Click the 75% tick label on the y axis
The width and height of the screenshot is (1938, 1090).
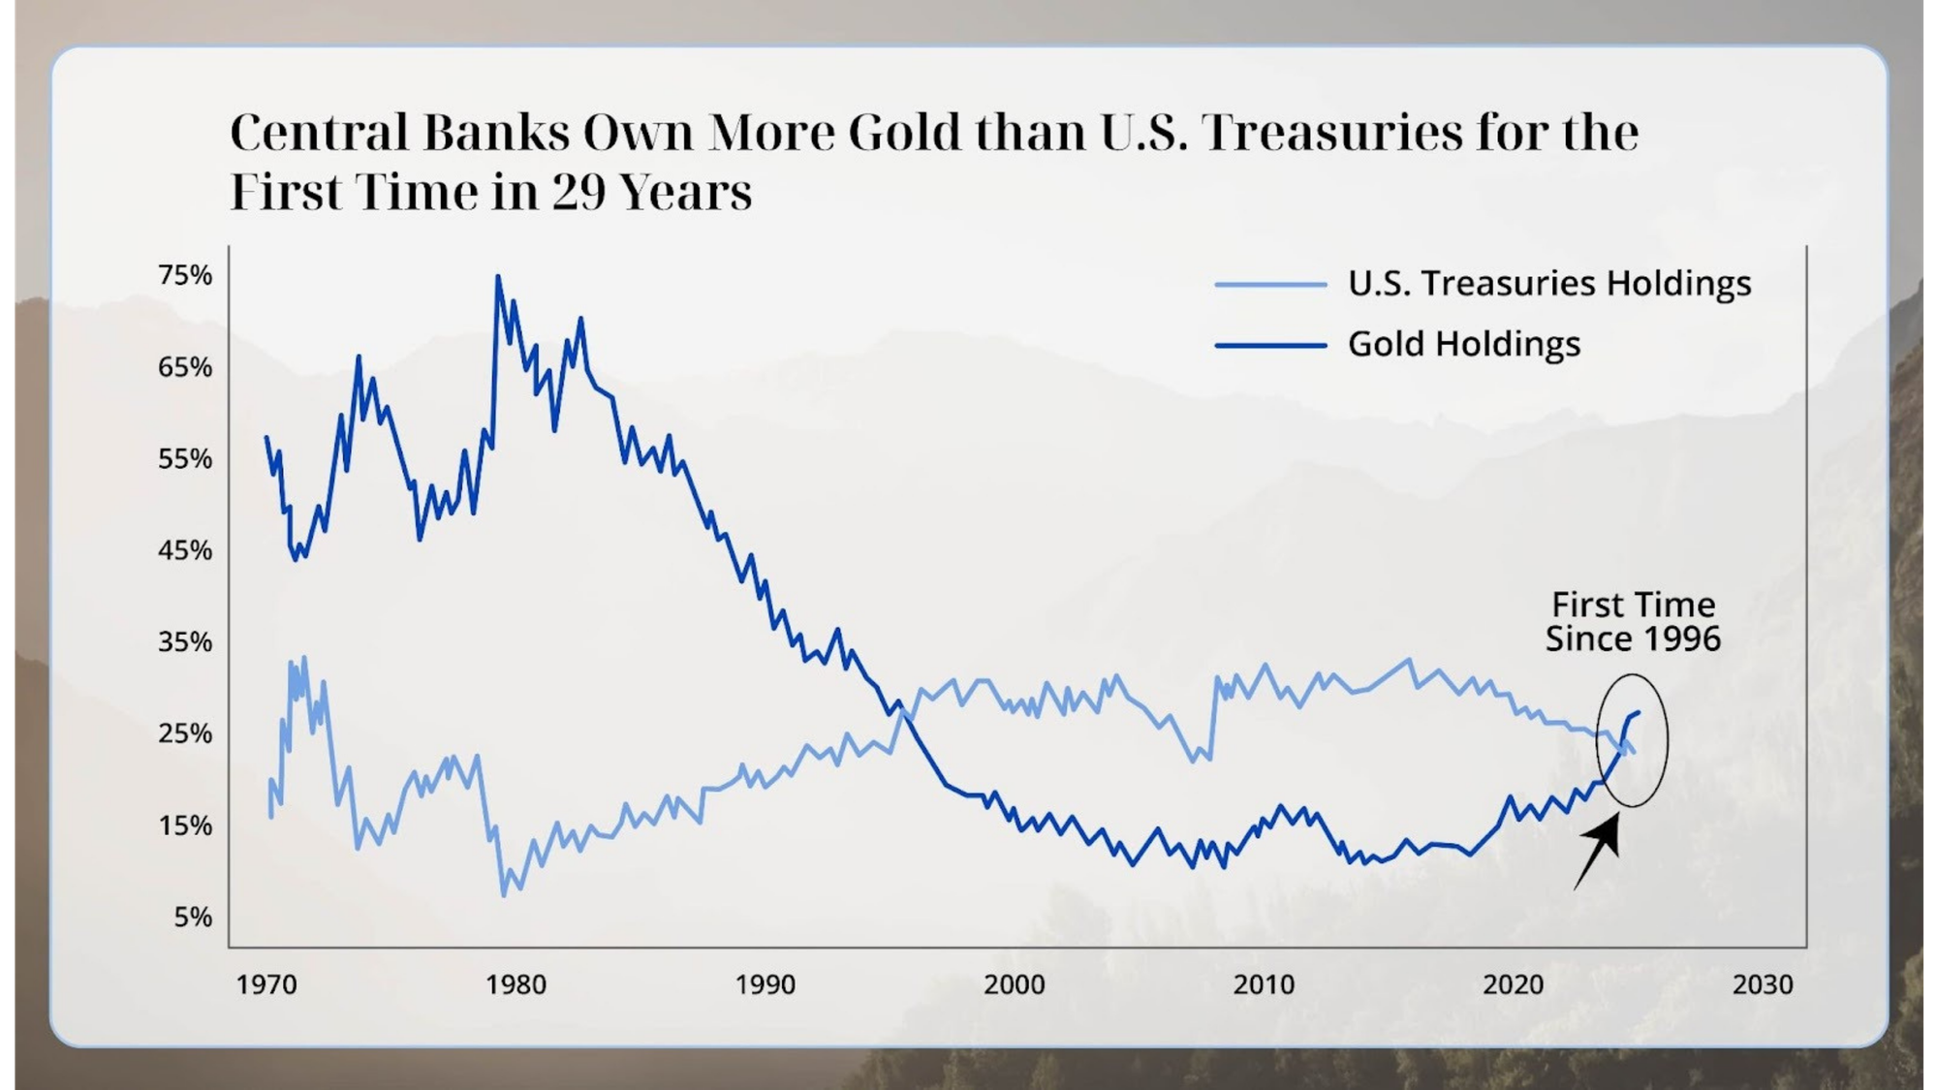185,275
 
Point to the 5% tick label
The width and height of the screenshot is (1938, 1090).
193,917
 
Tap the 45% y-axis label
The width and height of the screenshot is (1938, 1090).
185,550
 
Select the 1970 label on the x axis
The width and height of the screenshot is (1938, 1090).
266,984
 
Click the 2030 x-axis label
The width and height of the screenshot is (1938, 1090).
1763,984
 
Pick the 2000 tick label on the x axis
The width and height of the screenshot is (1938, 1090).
1015,984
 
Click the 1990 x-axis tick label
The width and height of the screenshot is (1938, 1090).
766,984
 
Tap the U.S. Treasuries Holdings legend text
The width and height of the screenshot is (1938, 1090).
1549,283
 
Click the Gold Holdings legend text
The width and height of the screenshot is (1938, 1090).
1464,344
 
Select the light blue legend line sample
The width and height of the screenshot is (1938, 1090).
1270,284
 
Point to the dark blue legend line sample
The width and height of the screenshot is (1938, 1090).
1270,345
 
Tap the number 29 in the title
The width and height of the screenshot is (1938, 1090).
578,192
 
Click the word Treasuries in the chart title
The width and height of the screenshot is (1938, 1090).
1333,132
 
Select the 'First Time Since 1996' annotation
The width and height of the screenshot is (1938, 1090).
1633,621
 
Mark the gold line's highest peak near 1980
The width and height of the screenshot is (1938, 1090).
498,277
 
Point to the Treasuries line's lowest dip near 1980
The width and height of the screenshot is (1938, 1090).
504,894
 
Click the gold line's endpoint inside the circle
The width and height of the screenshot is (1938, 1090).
1638,713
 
